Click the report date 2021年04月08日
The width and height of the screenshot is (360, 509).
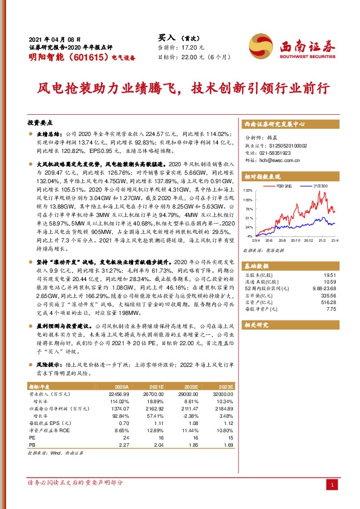[55, 37]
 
